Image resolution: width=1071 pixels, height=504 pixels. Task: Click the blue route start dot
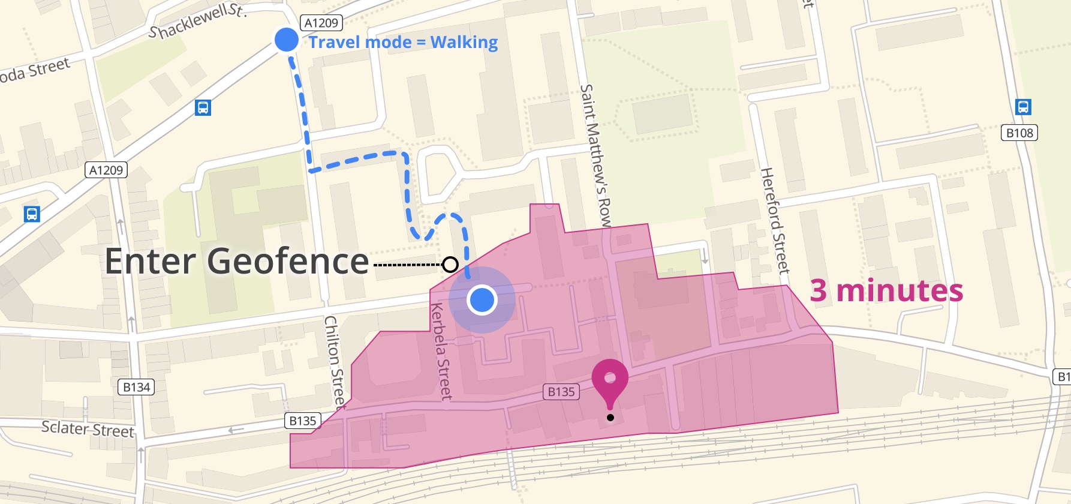point(287,40)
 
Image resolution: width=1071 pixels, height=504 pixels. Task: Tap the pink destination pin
point(610,382)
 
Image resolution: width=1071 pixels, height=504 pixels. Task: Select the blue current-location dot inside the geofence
point(482,299)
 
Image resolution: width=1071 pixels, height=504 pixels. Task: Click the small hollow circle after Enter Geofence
point(450,264)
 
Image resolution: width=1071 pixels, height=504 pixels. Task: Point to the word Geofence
point(288,262)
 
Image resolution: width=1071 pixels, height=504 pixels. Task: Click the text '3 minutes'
point(886,290)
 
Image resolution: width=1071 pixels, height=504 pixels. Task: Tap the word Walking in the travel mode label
point(464,43)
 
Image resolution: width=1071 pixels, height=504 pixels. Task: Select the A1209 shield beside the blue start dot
point(321,23)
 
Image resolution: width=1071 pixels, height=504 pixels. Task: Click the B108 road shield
point(1019,133)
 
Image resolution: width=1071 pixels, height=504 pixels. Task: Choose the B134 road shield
point(137,387)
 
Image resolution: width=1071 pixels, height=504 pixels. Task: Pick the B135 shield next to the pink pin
point(561,392)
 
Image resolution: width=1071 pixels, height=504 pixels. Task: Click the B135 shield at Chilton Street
point(303,421)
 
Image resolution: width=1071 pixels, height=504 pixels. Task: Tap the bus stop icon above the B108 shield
point(1023,107)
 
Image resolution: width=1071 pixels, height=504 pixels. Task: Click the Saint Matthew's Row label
point(596,155)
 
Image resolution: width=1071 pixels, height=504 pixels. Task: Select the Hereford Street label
point(775,221)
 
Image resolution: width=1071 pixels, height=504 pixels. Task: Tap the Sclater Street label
point(88,429)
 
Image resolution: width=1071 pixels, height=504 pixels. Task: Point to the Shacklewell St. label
point(197,20)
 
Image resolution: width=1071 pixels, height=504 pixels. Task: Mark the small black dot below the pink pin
point(610,418)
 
